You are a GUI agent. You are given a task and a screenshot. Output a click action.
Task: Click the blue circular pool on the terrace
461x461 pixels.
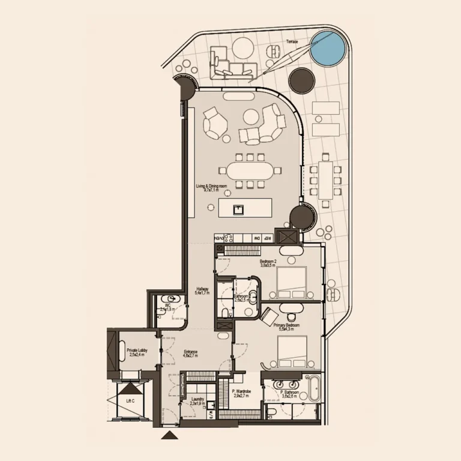click(x=329, y=48)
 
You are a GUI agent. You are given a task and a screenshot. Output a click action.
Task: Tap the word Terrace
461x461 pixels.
click(x=292, y=42)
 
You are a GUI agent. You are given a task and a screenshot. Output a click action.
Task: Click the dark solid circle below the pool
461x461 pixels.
click(x=301, y=80)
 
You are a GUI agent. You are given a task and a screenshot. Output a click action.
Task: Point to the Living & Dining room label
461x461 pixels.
click(x=211, y=188)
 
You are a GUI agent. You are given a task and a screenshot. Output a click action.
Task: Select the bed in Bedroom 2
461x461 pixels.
click(x=288, y=282)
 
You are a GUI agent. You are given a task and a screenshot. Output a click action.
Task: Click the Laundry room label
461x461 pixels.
click(x=198, y=400)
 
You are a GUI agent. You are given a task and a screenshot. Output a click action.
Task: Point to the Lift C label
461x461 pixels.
click(x=130, y=400)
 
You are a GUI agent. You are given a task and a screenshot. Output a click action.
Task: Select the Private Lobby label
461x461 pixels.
click(x=137, y=352)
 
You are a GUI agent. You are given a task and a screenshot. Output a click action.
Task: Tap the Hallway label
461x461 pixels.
click(x=202, y=291)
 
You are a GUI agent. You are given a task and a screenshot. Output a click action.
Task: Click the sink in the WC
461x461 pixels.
click(x=173, y=299)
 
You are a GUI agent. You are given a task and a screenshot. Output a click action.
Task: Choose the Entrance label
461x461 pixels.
click(x=190, y=354)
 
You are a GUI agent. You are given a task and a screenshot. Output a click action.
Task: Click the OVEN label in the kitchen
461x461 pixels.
click(x=220, y=238)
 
